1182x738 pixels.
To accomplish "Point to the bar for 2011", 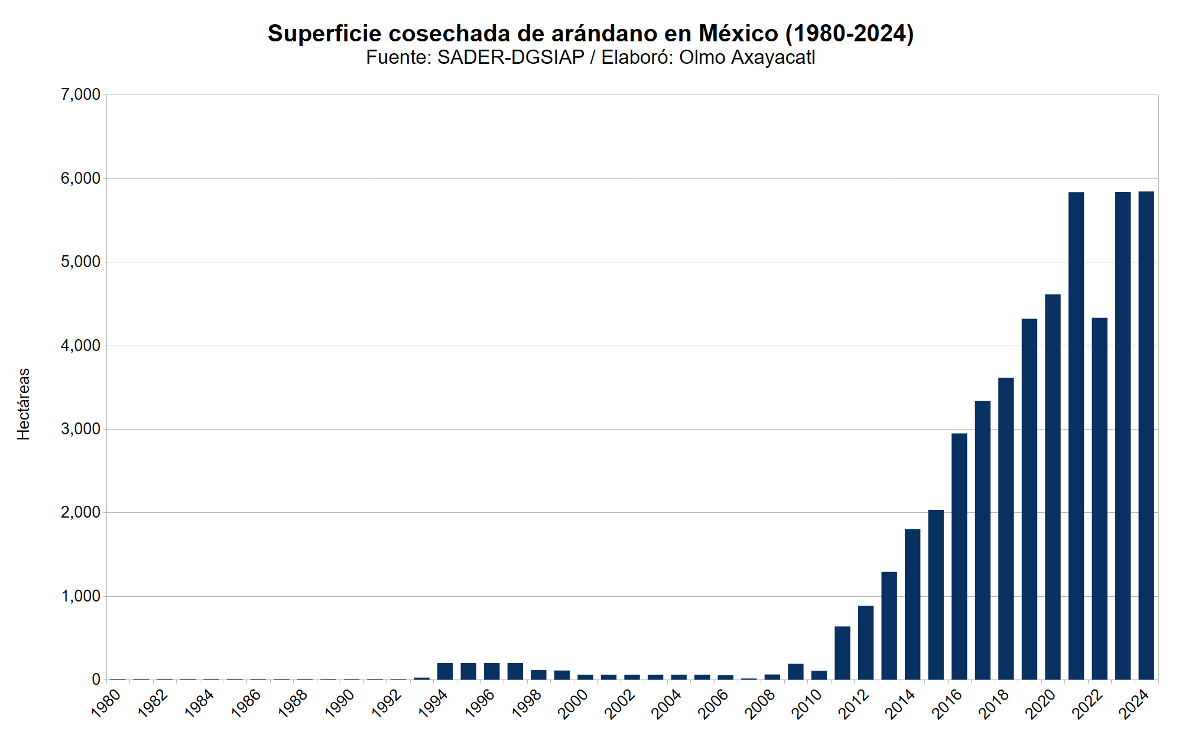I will pyautogui.click(x=842, y=653).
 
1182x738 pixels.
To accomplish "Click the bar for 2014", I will pyautogui.click(x=912, y=604).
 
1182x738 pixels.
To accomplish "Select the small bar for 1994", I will pyautogui.click(x=445, y=671).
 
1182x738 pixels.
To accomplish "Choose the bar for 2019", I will pyautogui.click(x=1029, y=499).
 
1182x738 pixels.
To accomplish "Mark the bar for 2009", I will pyautogui.click(x=795, y=672).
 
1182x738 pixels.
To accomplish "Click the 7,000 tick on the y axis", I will pyautogui.click(x=80, y=95).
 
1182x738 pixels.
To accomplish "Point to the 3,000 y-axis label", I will pyautogui.click(x=80, y=429).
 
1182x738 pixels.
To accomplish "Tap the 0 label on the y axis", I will pyautogui.click(x=96, y=680).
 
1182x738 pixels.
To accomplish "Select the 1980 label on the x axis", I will pyautogui.click(x=106, y=704).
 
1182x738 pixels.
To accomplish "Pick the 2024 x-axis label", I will pyautogui.click(x=1134, y=704).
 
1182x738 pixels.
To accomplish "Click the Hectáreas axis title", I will pyautogui.click(x=24, y=404).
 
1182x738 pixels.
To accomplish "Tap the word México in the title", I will pyautogui.click(x=738, y=34).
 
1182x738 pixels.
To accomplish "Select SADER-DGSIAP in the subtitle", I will pyautogui.click(x=511, y=57).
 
